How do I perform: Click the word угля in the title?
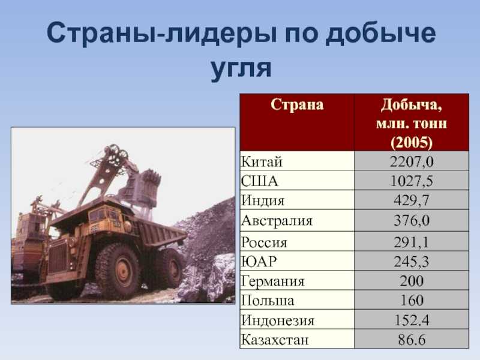pyautogui.click(x=241, y=68)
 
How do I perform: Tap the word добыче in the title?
pyautogui.click(x=380, y=33)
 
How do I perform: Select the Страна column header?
pyautogui.click(x=297, y=104)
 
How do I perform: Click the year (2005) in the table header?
pyautogui.click(x=412, y=142)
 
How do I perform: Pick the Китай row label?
pyautogui.click(x=261, y=161)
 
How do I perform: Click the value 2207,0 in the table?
pyautogui.click(x=412, y=161)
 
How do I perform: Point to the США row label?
pyautogui.click(x=259, y=181)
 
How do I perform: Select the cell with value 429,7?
pyautogui.click(x=412, y=200)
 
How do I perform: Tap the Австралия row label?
pyautogui.click(x=277, y=221)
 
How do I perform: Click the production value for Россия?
pyautogui.click(x=412, y=242)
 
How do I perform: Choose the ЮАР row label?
pyautogui.click(x=259, y=262)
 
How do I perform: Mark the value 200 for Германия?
pyautogui.click(x=412, y=281)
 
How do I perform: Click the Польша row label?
pyautogui.click(x=267, y=301)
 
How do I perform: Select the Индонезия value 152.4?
pyautogui.click(x=412, y=320)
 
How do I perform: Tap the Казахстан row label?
pyautogui.click(x=275, y=340)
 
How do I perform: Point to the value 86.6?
pyautogui.click(x=412, y=340)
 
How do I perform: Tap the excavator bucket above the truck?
pyautogui.click(x=143, y=187)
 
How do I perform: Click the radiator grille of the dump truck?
pyautogui.click(x=58, y=257)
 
